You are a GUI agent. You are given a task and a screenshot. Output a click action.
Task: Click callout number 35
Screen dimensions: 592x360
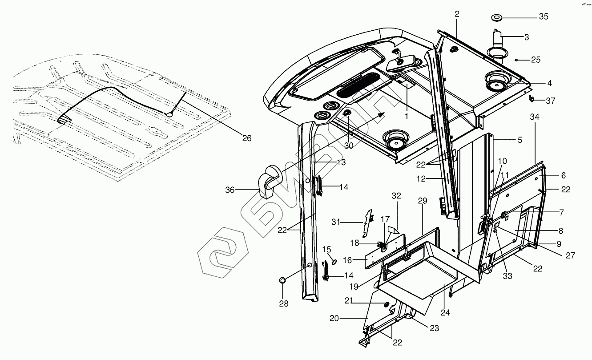544,17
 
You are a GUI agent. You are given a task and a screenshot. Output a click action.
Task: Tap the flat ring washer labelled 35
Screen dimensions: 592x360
497,17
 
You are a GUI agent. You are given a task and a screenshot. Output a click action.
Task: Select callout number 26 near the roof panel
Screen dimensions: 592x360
246,138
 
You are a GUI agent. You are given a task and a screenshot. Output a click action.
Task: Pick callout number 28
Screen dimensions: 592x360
283,304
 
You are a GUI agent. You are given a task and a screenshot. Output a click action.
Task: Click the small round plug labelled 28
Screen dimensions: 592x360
282,280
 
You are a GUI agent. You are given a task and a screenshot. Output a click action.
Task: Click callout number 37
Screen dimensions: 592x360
551,101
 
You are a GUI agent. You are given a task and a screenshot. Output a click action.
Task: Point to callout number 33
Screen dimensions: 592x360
507,276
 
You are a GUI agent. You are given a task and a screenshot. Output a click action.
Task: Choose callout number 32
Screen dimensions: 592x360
396,196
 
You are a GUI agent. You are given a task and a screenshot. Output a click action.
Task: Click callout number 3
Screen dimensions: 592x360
527,37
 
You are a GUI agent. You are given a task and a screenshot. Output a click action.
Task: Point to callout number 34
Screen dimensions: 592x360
535,117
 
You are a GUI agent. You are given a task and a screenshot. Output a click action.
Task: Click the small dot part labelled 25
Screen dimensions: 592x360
516,60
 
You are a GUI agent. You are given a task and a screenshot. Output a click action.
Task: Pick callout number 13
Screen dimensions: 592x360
341,163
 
